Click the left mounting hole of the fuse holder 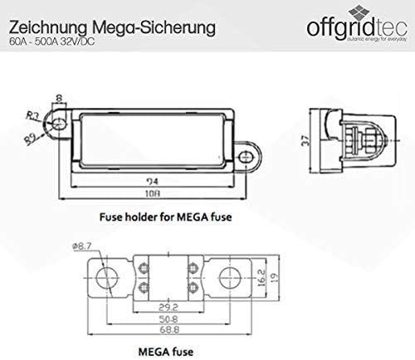click(57, 125)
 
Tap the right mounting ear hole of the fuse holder click(247, 154)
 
